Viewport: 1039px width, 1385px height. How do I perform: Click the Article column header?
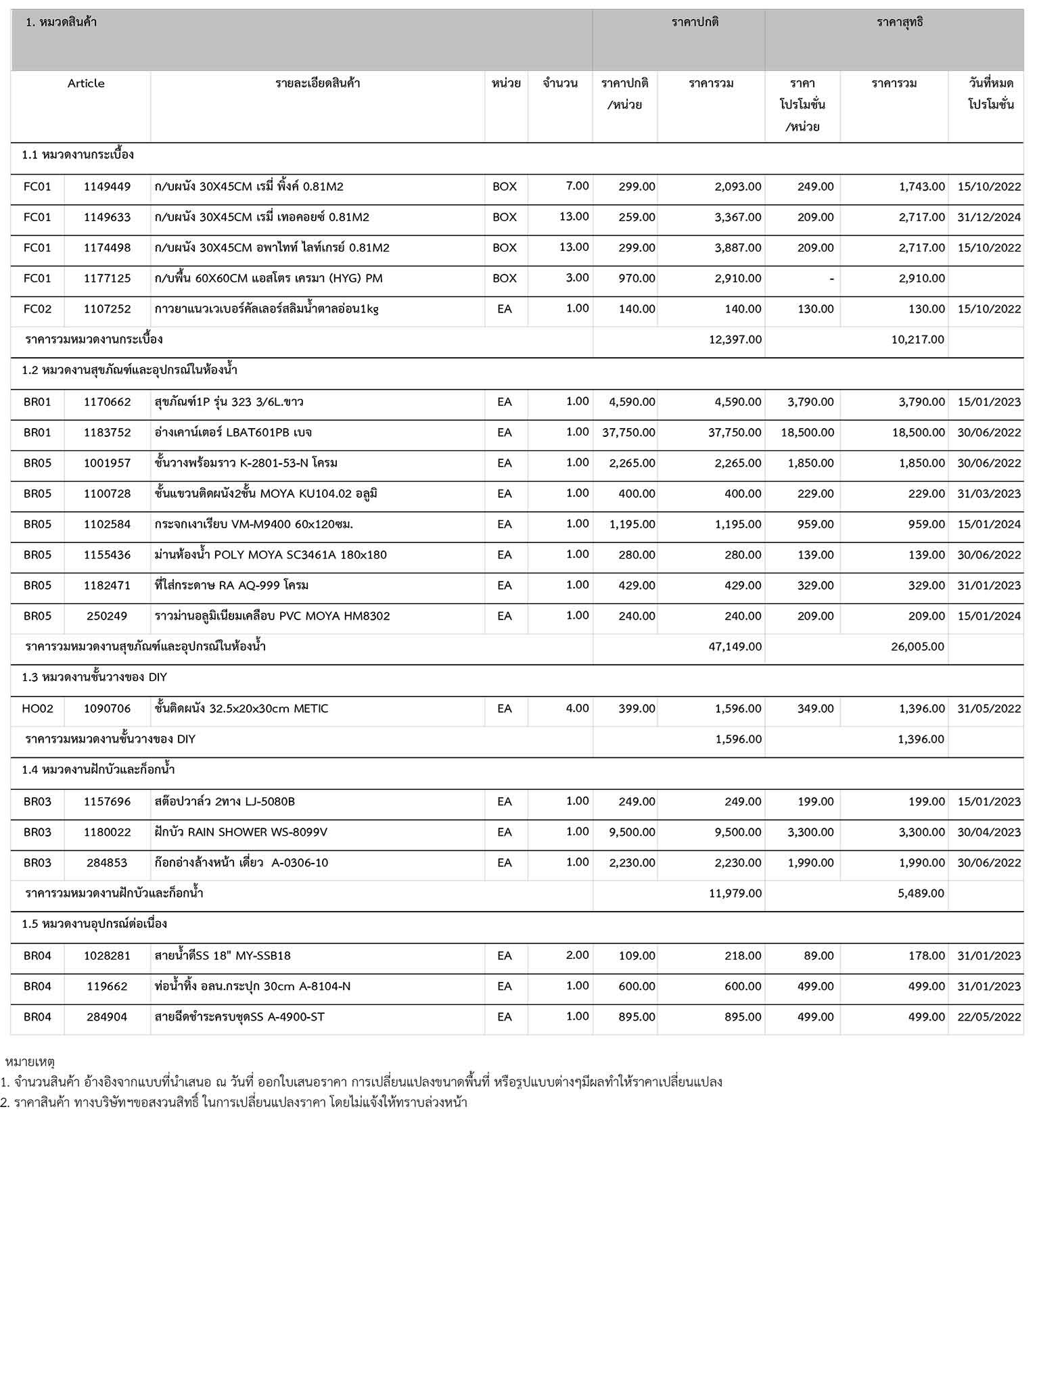[x=86, y=84]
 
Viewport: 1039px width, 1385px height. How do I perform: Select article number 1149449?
[x=107, y=187]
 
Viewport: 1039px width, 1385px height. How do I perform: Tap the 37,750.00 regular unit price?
[x=628, y=433]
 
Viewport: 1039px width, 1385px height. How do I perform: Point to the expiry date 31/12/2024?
[x=988, y=218]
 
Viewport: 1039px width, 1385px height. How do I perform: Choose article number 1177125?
[x=107, y=279]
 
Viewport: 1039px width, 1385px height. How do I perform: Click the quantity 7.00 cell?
[x=577, y=186]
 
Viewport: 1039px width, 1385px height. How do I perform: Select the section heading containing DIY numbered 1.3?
[x=94, y=678]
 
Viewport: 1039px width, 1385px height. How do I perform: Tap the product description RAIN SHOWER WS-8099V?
[x=241, y=832]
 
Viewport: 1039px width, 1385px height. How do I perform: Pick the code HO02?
[x=37, y=709]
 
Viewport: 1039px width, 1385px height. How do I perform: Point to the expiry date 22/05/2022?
[x=988, y=1017]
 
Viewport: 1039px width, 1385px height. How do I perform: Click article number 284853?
[x=107, y=863]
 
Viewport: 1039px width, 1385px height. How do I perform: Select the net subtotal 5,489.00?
[x=921, y=893]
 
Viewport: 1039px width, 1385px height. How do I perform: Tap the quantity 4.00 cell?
[x=577, y=709]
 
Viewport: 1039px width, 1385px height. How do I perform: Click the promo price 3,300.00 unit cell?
[x=810, y=832]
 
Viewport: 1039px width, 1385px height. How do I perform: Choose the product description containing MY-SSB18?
[x=223, y=956]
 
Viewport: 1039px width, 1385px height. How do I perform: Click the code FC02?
[x=37, y=309]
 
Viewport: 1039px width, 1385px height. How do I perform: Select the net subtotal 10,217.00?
[x=917, y=339]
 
